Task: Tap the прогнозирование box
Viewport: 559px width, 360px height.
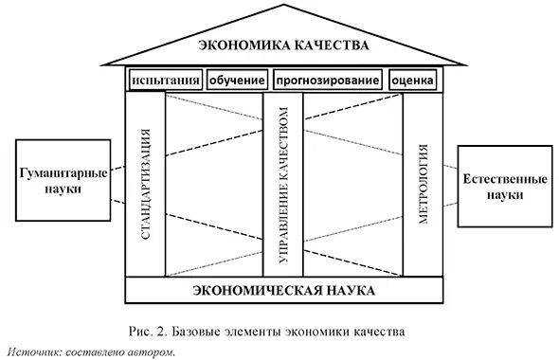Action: (328, 81)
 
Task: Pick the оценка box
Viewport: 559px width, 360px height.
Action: (413, 81)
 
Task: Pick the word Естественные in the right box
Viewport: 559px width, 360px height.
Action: (499, 178)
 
